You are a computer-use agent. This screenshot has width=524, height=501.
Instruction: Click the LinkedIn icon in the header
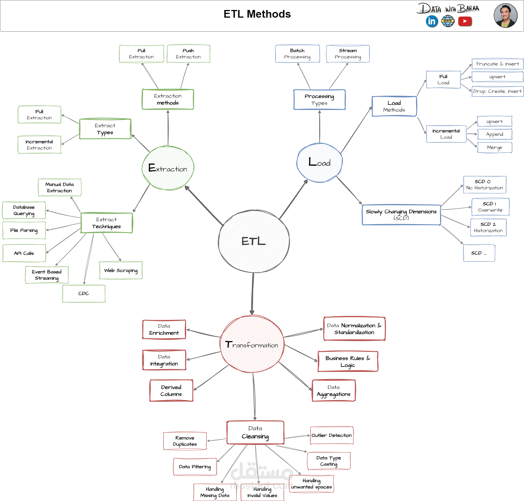pos(432,21)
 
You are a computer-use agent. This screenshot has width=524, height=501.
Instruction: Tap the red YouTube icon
pos(465,21)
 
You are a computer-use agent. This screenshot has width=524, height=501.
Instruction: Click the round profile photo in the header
pos(505,16)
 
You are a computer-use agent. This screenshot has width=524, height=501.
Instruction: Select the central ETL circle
pos(254,241)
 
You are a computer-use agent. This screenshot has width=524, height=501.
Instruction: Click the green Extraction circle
pos(168,168)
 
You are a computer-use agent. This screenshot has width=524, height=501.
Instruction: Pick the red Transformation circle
pos(252,344)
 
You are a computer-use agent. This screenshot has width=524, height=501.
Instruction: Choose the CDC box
pos(84,294)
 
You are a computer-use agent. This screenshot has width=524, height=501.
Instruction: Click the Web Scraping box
pos(121,270)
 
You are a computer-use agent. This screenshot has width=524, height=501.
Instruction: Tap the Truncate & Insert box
pos(497,64)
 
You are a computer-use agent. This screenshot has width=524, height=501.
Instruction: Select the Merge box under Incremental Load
pos(495,148)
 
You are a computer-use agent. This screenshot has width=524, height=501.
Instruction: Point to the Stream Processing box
pos(348,54)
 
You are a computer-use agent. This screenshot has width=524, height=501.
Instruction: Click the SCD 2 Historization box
pos(488,227)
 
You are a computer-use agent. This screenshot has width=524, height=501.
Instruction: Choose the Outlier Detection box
pos(332,435)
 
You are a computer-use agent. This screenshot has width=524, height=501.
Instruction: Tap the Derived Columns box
pos(171,390)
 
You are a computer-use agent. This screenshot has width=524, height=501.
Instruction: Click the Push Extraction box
pos(188,54)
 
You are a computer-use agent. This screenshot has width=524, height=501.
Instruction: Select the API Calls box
pos(24,253)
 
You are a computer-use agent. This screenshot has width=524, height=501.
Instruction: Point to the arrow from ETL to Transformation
pos(253,293)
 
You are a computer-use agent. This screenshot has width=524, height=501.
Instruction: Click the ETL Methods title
pos(257,14)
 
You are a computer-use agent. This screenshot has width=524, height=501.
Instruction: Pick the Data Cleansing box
pos(255,432)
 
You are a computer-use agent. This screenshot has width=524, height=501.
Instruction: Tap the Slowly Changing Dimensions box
pos(401,215)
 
